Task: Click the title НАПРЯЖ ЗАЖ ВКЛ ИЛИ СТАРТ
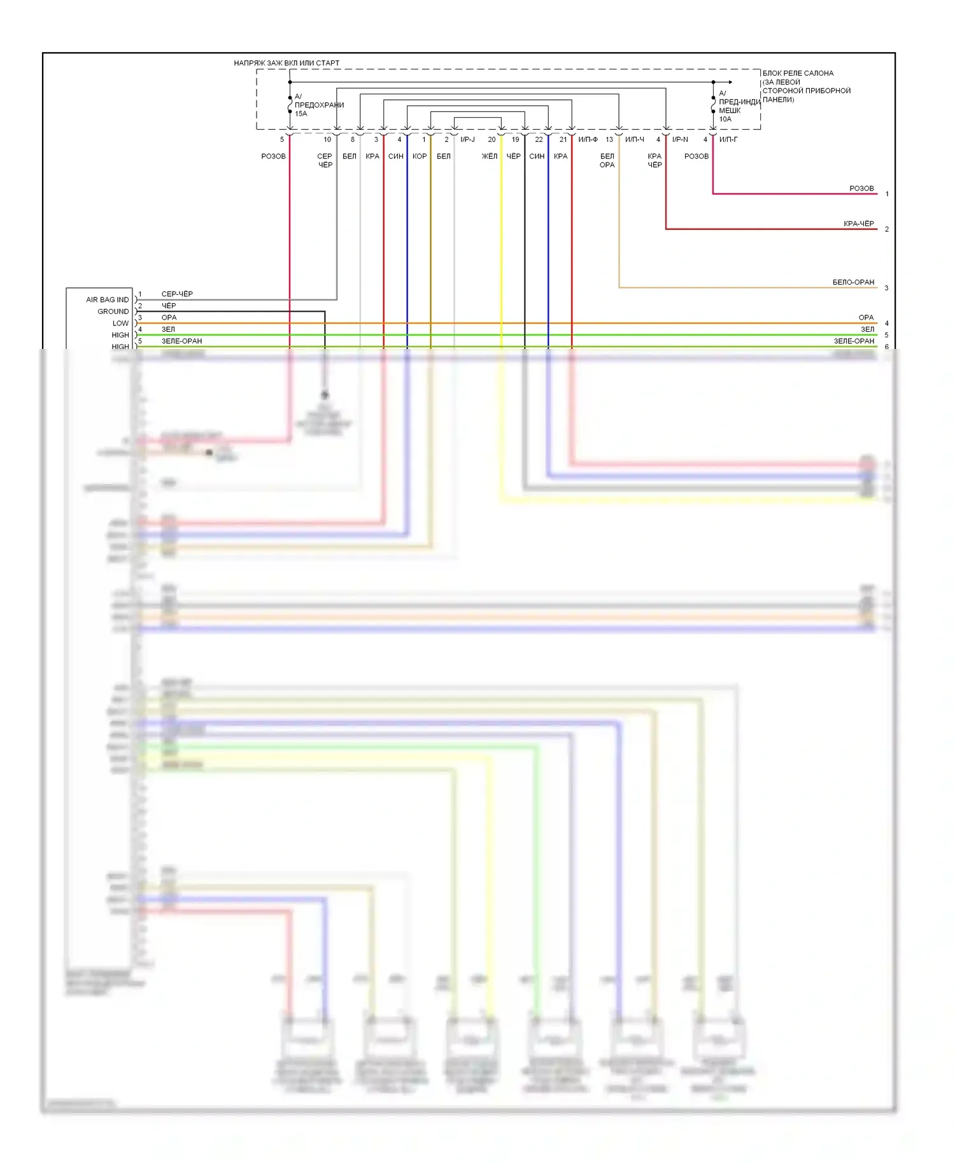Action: click(x=286, y=63)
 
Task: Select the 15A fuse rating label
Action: click(x=301, y=114)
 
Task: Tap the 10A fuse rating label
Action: click(x=725, y=119)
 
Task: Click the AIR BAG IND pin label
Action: click(x=107, y=300)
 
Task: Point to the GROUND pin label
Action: click(x=113, y=311)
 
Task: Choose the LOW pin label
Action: click(x=120, y=323)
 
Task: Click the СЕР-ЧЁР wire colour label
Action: click(x=177, y=294)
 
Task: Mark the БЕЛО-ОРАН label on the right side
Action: click(x=853, y=282)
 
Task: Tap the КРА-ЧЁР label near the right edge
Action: click(x=858, y=224)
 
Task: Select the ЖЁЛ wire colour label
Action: click(x=489, y=157)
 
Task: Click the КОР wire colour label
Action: click(x=420, y=157)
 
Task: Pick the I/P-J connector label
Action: click(x=467, y=139)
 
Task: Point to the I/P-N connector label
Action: click(x=680, y=139)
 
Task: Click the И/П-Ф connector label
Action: click(x=588, y=139)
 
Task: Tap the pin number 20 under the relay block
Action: click(x=492, y=139)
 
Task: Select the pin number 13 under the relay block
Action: click(x=609, y=139)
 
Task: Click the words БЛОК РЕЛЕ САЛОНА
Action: click(x=798, y=73)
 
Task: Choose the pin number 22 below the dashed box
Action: click(x=539, y=139)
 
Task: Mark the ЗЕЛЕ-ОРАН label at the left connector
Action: click(x=181, y=341)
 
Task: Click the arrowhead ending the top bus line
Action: click(x=730, y=82)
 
